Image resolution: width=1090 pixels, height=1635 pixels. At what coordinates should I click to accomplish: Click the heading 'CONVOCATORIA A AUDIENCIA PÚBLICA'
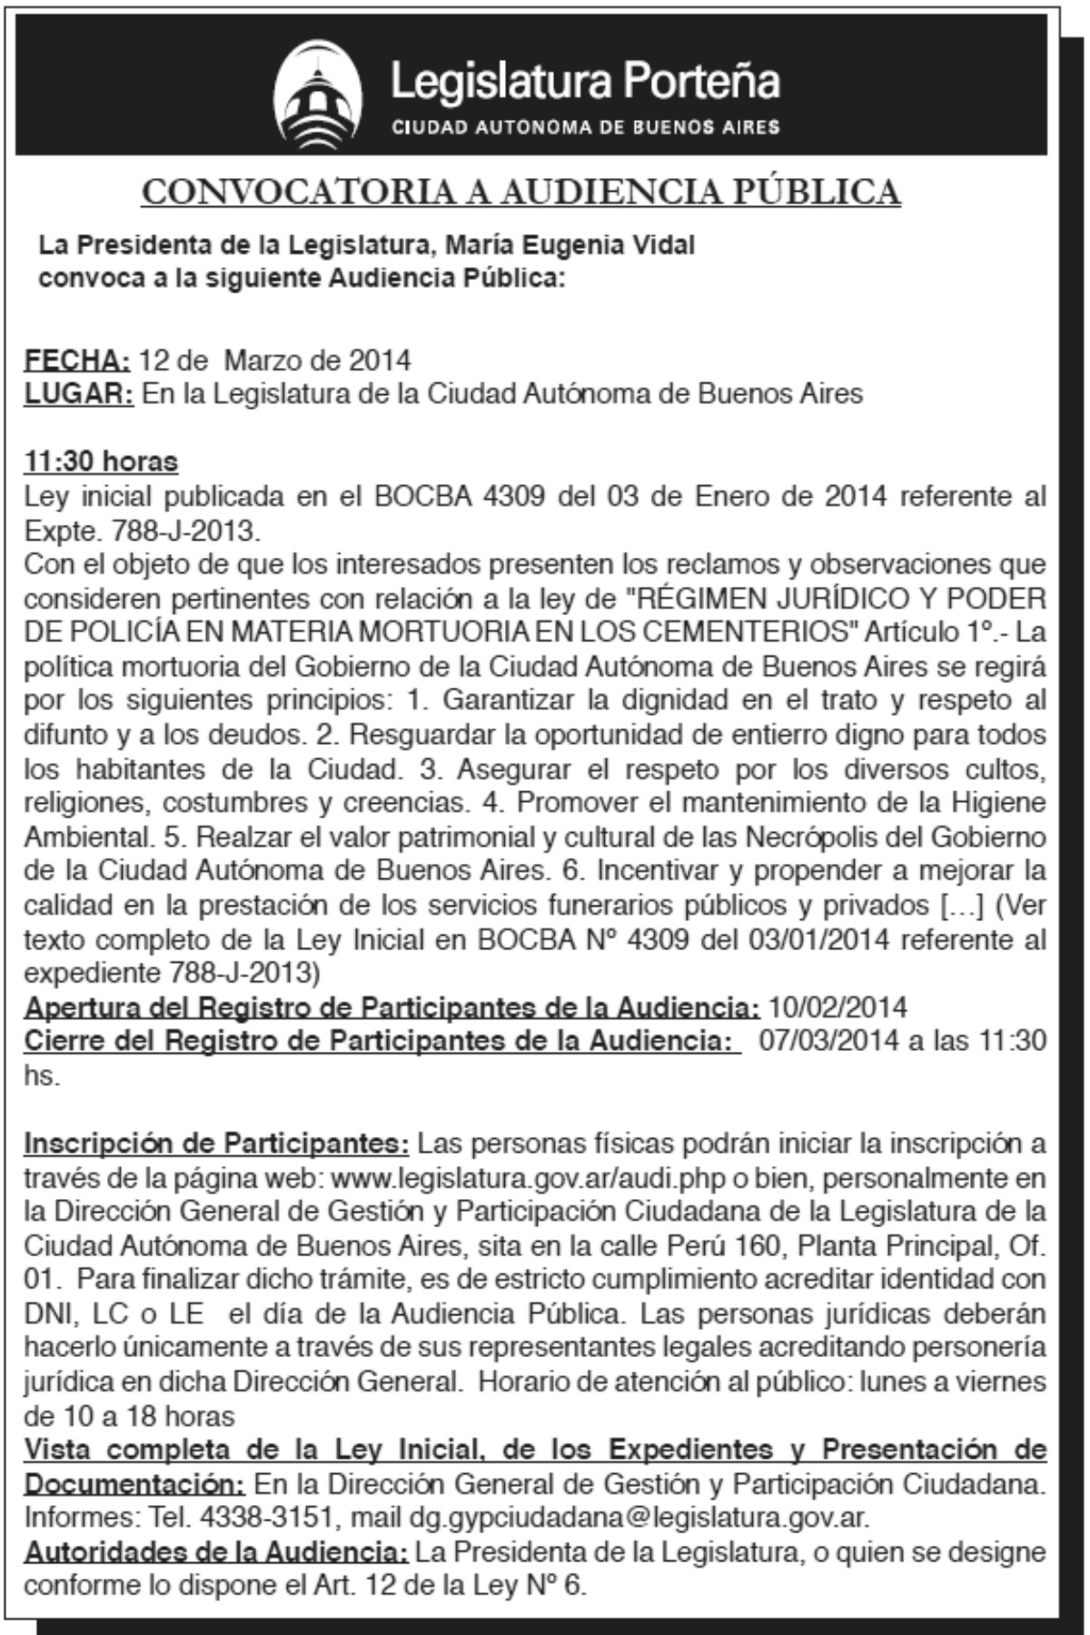[521, 192]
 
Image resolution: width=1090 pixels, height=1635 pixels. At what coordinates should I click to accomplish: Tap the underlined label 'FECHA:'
[77, 361]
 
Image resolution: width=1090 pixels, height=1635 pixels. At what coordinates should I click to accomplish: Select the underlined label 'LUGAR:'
[79, 394]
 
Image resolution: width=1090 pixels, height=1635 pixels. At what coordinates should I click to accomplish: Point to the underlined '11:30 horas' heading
[101, 461]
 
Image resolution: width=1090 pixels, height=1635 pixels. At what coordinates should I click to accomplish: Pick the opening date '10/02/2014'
[837, 1007]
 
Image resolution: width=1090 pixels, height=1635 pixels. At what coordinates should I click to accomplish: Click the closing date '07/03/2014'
[828, 1041]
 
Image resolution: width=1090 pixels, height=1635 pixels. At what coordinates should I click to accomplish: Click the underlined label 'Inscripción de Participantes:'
[217, 1144]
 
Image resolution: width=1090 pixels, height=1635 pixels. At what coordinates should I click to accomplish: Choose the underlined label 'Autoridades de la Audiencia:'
[216, 1552]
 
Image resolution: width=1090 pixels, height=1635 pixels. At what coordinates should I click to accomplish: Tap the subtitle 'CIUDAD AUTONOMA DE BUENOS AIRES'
[585, 127]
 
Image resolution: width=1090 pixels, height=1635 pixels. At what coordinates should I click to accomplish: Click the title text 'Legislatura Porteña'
[585, 82]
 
